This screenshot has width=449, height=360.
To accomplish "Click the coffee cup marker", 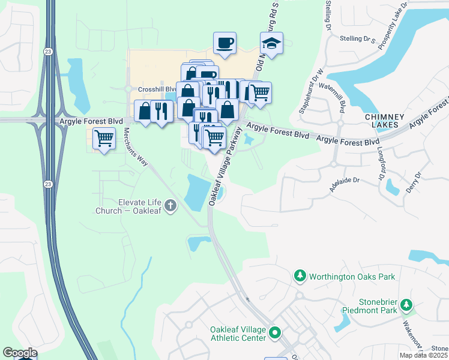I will tap(225, 44).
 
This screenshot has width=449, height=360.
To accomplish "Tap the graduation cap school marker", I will tap(271, 44).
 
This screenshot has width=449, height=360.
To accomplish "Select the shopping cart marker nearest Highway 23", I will tap(104, 139).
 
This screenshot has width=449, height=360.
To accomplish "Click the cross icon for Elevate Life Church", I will tap(170, 206).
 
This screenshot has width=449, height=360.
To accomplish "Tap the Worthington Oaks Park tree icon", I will tap(300, 276).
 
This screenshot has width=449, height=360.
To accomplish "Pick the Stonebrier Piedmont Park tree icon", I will tap(408, 305).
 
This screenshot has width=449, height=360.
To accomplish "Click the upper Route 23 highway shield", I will tap(48, 52).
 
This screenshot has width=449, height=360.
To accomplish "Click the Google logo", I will tap(20, 352).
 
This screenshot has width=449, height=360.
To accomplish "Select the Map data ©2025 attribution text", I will tap(423, 355).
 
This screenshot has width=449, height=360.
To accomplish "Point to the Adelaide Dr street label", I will tap(343, 184).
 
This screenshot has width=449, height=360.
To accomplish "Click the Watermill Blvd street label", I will tap(340, 98).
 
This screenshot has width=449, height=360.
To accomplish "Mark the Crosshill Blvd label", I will tap(151, 89).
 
